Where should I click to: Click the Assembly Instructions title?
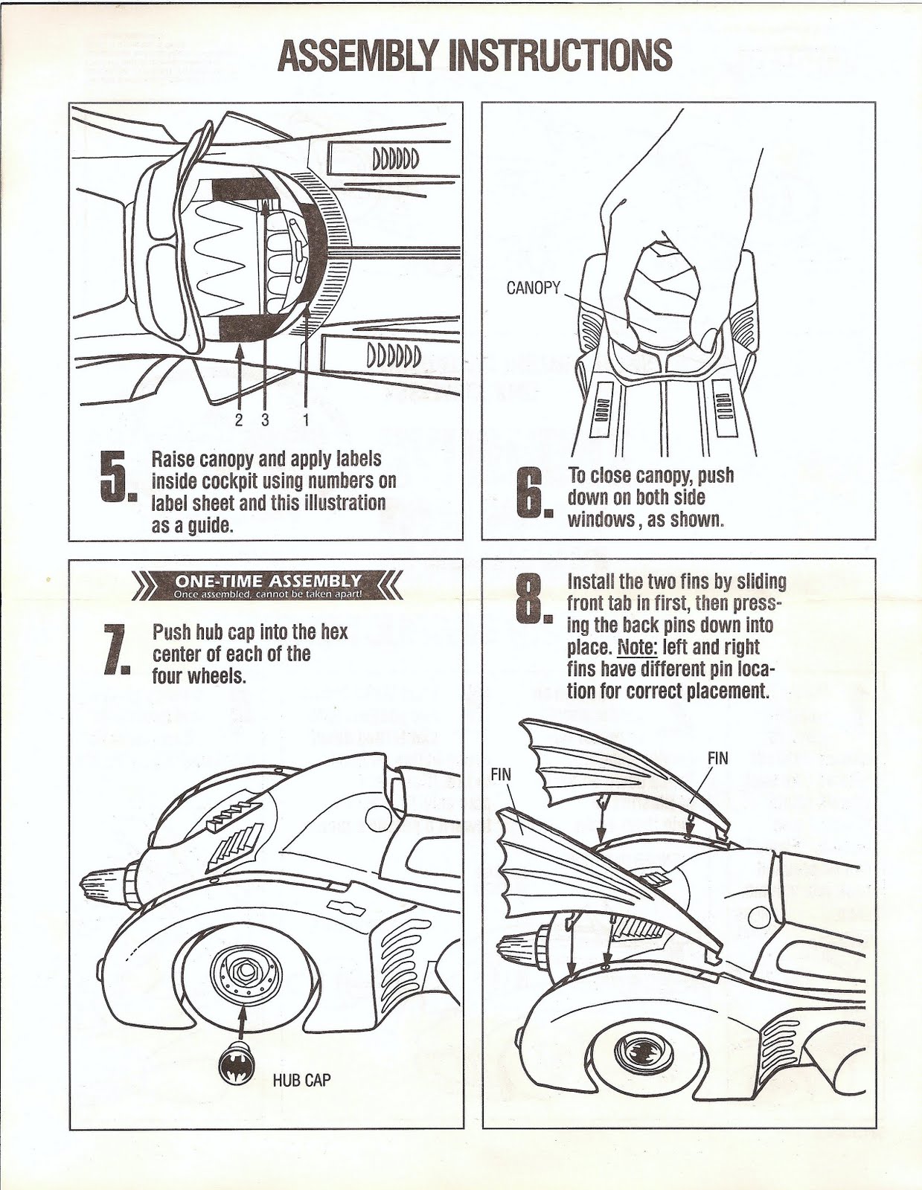tap(475, 55)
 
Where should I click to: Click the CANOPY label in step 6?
tap(533, 288)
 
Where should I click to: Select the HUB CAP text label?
tap(301, 1080)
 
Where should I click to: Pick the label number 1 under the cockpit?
tap(305, 419)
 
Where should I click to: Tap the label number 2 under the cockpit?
tap(239, 419)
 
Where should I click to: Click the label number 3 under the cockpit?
tap(265, 419)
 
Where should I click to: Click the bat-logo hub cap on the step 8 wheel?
tap(649, 1051)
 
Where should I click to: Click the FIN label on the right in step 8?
tap(717, 758)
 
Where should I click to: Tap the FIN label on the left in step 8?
tap(501, 774)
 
